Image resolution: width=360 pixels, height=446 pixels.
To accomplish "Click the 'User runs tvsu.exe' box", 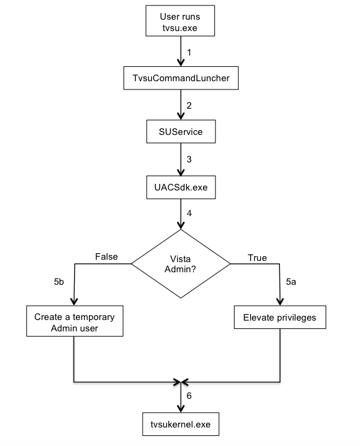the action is pos(180,21).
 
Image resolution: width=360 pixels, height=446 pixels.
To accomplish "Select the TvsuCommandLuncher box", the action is pos(181,78).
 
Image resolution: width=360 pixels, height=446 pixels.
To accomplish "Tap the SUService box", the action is pos(181,131).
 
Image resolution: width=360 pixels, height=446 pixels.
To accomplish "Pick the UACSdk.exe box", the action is pos(181,187).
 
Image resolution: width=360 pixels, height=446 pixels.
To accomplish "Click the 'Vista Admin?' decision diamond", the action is pos(180,264).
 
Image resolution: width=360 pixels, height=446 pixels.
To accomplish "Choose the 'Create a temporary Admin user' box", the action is pos(75,321).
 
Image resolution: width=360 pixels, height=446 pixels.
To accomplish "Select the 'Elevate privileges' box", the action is pos(280,318).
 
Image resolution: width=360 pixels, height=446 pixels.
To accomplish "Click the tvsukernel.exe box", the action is pos(180,424).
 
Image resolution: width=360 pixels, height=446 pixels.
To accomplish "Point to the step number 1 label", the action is pos(189,53).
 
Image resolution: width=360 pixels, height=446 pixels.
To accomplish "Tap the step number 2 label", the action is pos(189,106).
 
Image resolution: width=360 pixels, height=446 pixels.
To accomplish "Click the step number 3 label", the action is pos(189,159).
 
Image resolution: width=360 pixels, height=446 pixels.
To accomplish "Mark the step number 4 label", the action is pos(189,213).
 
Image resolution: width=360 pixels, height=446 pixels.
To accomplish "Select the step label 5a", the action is pos(291,282).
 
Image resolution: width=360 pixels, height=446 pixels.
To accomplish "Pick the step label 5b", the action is pos(59,282).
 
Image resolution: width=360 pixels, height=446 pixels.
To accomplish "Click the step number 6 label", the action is pos(189,396).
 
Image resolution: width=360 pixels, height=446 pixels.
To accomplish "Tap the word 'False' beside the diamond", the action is pos(106,257).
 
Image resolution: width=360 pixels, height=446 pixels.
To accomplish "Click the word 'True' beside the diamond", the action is pos(257,258).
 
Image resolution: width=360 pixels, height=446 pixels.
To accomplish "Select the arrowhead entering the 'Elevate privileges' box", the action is pos(280,302).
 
